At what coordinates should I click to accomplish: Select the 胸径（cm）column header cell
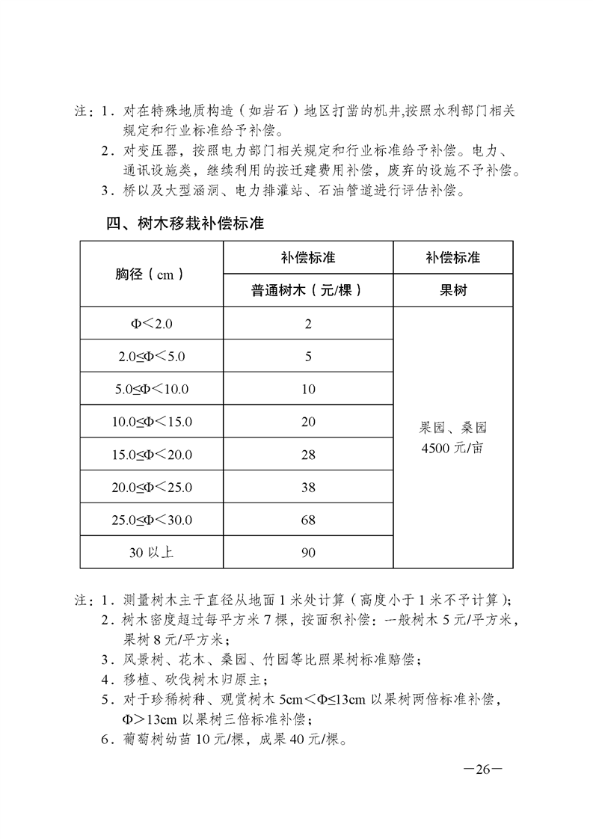[151, 274]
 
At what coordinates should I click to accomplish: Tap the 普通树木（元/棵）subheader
[307, 290]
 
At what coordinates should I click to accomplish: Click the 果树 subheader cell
[453, 290]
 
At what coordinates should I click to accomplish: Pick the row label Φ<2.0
[151, 324]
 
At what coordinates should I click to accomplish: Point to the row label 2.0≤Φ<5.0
[151, 357]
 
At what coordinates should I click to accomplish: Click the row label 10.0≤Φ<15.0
[151, 422]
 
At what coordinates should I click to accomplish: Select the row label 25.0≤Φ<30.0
[151, 520]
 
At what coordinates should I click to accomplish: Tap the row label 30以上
[151, 553]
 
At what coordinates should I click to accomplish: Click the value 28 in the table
[308, 455]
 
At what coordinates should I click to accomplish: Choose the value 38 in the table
[308, 488]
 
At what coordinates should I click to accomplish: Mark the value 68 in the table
[308, 520]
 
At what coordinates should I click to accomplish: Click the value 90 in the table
[308, 553]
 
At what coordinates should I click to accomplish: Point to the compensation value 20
[308, 422]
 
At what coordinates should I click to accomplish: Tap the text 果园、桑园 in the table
[453, 429]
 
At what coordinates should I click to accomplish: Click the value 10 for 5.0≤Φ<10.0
[308, 389]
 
